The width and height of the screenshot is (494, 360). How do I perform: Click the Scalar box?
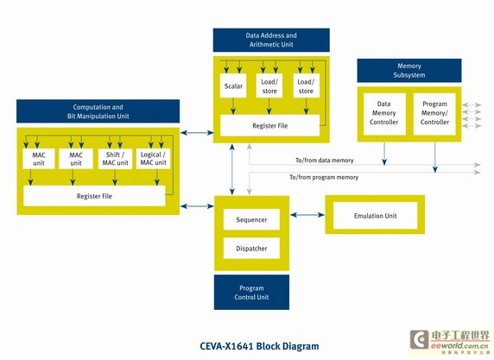tap(233, 85)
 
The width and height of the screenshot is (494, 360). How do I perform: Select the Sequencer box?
tap(251, 219)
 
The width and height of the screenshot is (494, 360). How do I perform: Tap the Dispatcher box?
tap(251, 248)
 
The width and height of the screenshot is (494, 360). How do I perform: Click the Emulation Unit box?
tap(375, 216)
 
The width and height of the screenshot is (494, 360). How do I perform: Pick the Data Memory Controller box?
tap(384, 114)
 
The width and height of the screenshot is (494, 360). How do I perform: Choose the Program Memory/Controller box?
tap(434, 114)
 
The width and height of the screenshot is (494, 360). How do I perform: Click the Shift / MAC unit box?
tap(115, 159)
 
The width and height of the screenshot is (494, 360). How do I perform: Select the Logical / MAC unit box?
tap(153, 159)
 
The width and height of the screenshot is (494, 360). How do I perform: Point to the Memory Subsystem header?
tap(409, 71)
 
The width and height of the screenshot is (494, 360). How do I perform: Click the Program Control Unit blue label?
tap(251, 293)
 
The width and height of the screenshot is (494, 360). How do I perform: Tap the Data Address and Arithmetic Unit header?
tap(271, 40)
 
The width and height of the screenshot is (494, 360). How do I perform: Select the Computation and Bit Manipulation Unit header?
tap(98, 111)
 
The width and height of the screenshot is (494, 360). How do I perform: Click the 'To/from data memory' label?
tap(325, 161)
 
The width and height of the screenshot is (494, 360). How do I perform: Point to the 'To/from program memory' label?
tap(324, 177)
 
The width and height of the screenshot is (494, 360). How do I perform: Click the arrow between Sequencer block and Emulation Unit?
tap(307, 215)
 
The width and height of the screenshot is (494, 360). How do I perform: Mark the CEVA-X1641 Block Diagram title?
tap(259, 346)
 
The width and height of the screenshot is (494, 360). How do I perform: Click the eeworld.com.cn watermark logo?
tap(450, 342)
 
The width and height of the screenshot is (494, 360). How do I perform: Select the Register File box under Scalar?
tap(270, 126)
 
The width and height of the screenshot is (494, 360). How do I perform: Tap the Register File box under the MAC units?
tap(94, 196)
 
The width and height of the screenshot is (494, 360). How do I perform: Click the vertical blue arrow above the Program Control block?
tap(232, 169)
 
